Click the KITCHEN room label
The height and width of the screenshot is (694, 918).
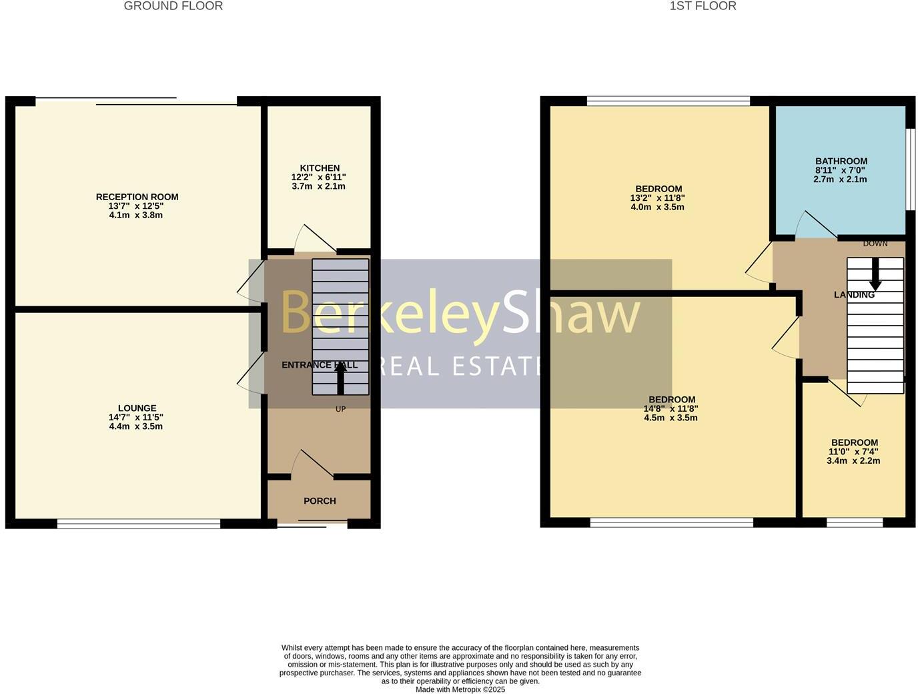tap(320, 168)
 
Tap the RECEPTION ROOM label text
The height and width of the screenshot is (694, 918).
tap(137, 197)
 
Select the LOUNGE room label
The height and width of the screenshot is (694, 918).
tap(137, 408)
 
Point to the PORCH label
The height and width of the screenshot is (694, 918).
tap(320, 501)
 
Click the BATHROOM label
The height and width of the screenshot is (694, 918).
tap(841, 161)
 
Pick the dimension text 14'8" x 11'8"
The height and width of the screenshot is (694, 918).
tap(671, 409)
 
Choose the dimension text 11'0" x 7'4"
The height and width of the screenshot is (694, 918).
tap(853, 452)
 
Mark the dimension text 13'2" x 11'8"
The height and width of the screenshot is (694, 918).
tap(658, 198)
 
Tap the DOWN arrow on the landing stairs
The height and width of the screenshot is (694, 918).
tap(875, 274)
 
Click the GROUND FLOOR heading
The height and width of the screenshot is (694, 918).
tap(173, 6)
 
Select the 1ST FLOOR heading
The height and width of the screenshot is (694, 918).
tap(703, 6)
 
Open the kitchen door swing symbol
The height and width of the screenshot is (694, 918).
tap(309, 239)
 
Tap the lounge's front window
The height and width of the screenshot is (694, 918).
tap(139, 524)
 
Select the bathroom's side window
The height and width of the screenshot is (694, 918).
tap(909, 168)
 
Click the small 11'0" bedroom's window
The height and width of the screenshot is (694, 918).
tap(855, 523)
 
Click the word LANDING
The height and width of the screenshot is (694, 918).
tap(854, 295)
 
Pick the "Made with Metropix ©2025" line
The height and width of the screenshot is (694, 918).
tap(460, 689)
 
